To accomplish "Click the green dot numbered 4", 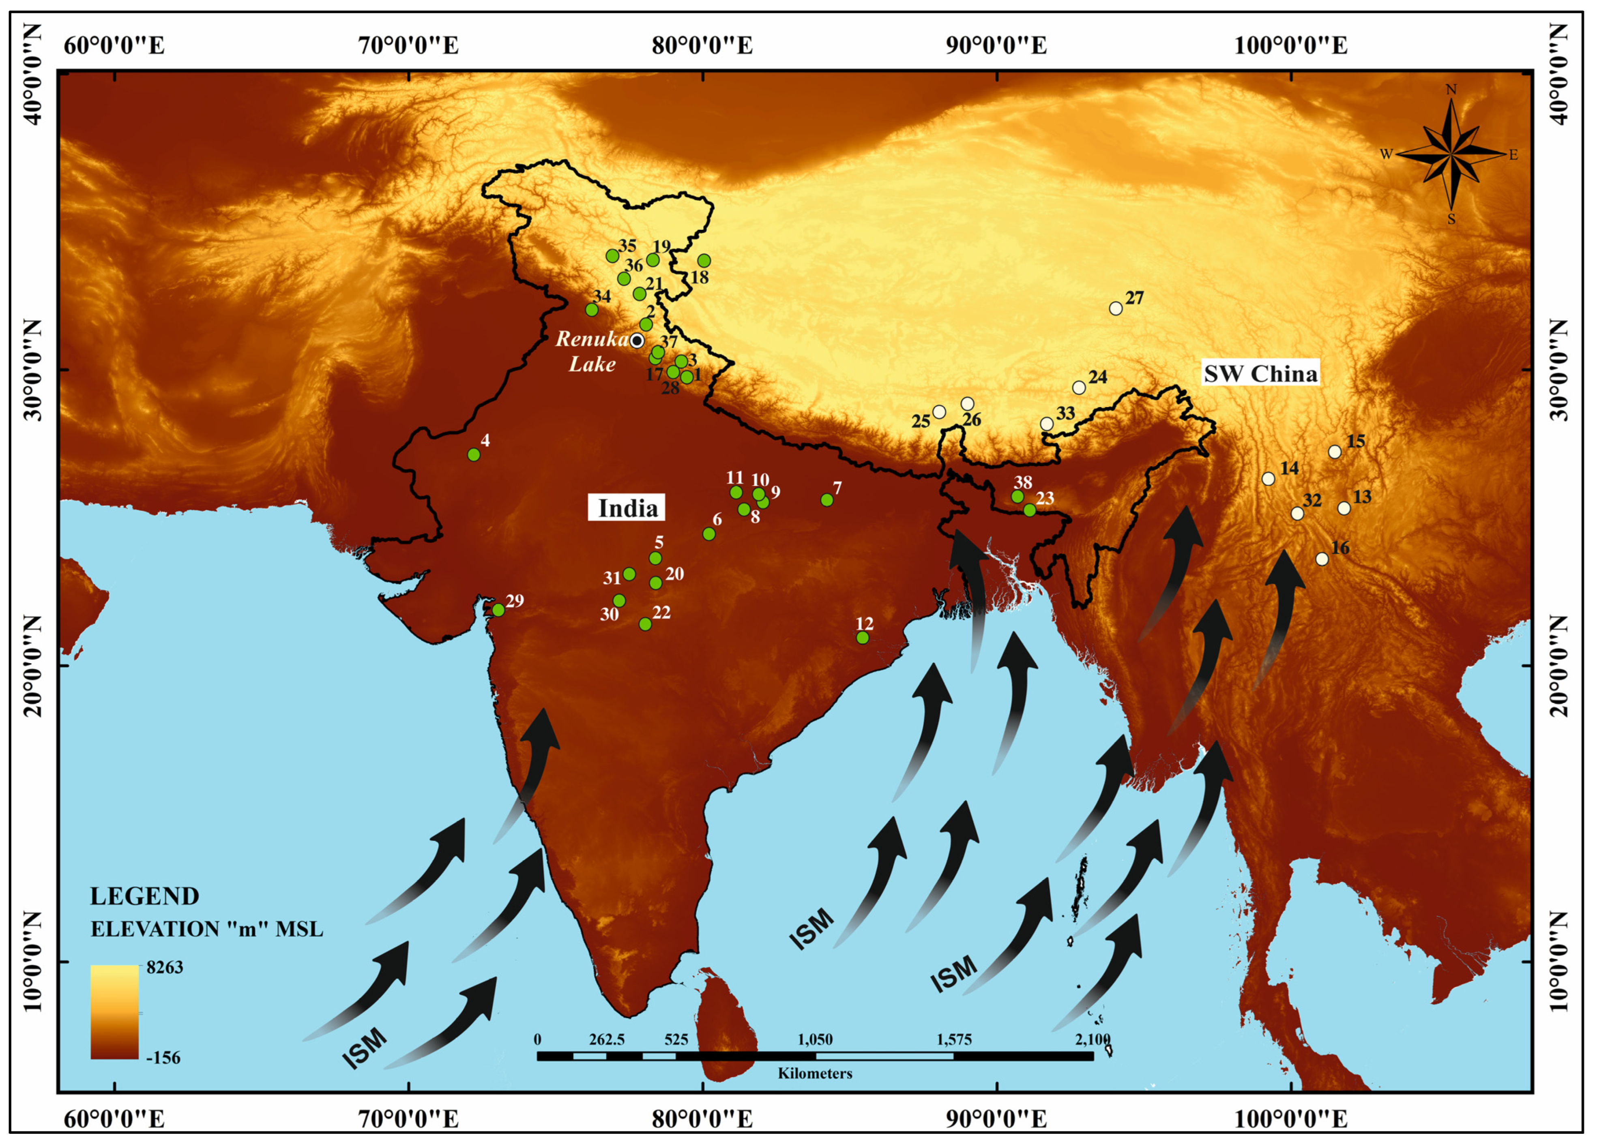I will pyautogui.click(x=474, y=455).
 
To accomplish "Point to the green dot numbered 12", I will pyautogui.click(x=863, y=638).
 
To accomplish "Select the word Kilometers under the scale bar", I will pyautogui.click(x=815, y=1073).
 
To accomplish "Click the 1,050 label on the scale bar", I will pyautogui.click(x=815, y=1039).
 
